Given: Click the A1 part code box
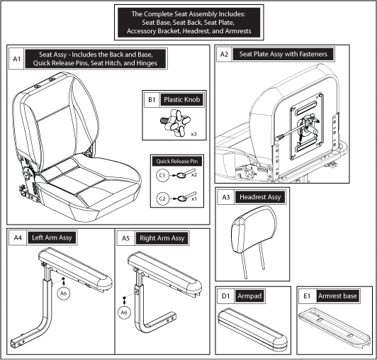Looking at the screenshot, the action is (16, 59).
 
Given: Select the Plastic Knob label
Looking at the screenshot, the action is (181, 99).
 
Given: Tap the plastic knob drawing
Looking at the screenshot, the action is (176, 123).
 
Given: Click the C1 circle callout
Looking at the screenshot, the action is (162, 175).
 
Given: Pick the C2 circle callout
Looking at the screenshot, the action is (162, 198).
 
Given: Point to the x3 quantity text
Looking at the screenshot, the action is (193, 134).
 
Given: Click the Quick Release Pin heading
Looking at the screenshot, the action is (177, 162).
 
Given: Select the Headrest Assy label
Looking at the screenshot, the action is (260, 197).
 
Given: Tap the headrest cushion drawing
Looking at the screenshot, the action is (254, 229).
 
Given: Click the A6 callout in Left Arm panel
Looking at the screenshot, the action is (64, 293).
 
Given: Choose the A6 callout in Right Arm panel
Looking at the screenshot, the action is (124, 313).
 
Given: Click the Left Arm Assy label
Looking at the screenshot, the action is (52, 238).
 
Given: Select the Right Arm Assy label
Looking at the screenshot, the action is (162, 238).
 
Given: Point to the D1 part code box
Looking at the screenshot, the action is (225, 296).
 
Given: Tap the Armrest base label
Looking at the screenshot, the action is (337, 296).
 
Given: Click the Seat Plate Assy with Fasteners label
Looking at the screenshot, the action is (283, 54).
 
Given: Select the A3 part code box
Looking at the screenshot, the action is (226, 197).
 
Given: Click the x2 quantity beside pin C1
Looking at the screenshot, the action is (194, 175).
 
